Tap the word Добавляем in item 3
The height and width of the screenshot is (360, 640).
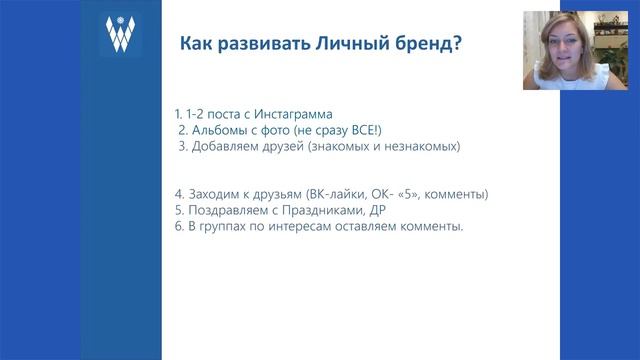[229, 146]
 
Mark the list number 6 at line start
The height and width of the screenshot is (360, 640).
[177, 227]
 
